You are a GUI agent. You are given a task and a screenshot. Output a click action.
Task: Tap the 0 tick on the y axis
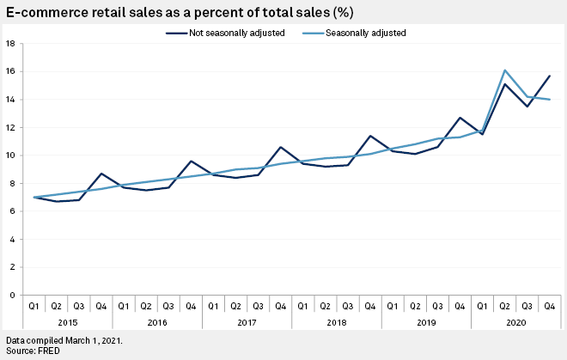11,296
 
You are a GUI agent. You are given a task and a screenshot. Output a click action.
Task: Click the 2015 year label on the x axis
68,323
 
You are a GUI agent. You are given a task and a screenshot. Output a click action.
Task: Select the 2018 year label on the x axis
336,323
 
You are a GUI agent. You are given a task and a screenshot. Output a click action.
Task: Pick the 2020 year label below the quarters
515,323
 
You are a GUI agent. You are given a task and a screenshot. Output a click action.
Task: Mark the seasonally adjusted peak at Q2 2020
504,70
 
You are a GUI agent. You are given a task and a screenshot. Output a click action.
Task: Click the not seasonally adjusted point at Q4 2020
549,76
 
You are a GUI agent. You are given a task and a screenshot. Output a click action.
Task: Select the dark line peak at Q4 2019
460,118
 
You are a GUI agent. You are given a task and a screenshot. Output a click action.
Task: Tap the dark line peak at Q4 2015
101,174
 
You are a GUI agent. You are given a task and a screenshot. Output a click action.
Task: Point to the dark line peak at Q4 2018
370,136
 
